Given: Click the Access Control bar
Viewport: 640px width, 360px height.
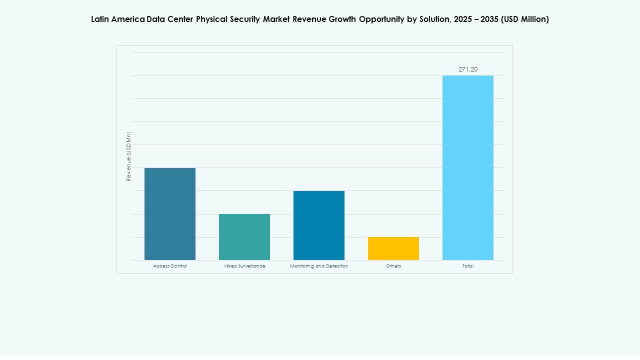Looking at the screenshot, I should (x=170, y=214).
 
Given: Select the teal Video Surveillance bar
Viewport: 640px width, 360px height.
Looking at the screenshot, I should (x=244, y=237).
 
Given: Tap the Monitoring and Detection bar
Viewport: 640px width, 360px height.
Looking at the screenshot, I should (x=319, y=225).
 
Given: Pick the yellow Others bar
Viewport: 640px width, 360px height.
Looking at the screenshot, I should (x=393, y=248).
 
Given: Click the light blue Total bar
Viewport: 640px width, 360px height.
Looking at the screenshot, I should (x=468, y=168).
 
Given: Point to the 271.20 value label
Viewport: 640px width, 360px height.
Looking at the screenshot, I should (x=468, y=69).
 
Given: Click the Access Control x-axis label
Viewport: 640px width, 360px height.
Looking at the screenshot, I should (x=170, y=266).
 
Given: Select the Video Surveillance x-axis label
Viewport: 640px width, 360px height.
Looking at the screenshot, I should (x=244, y=266).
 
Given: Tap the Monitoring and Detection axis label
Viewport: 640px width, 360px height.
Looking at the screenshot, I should (x=319, y=266).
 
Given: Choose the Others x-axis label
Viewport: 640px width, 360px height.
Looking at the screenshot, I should (x=393, y=266).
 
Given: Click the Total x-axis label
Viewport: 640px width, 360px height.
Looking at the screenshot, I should (x=468, y=266).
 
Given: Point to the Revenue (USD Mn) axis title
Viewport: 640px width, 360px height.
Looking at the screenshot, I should (x=128, y=156).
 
